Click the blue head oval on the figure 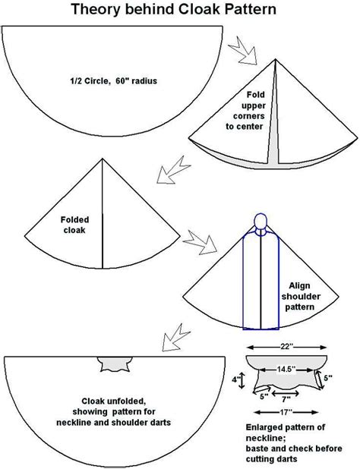click(x=261, y=222)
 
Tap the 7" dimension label click(x=286, y=398)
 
